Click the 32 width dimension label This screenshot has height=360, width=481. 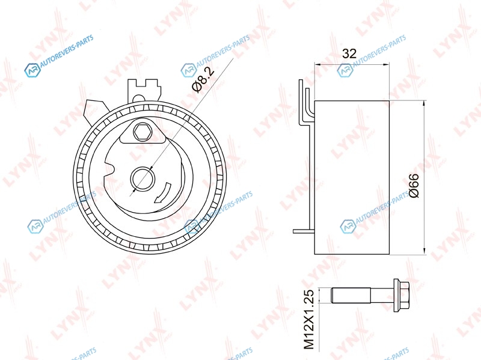point(349,53)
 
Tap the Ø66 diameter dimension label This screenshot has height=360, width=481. point(414,186)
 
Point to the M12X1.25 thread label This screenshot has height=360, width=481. point(310,319)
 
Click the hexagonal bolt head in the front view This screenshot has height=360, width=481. point(142,132)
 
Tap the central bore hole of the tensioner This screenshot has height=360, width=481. point(142,178)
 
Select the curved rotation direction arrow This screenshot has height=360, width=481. point(162,192)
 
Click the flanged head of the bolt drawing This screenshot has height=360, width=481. point(401,295)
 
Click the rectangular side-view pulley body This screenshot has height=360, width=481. point(352,177)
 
